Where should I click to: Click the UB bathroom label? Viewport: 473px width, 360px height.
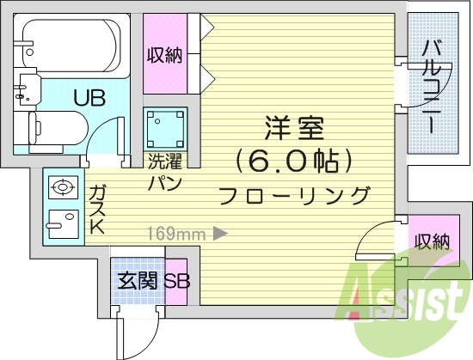89,97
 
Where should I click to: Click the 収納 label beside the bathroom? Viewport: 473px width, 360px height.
163,56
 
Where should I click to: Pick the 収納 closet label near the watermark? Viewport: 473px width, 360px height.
431,242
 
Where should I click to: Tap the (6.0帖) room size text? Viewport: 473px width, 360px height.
294,160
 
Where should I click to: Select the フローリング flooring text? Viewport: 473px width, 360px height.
294,194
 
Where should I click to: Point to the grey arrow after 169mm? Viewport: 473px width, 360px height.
220,232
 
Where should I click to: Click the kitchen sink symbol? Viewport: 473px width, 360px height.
61,222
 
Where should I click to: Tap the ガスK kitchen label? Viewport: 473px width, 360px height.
96,210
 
